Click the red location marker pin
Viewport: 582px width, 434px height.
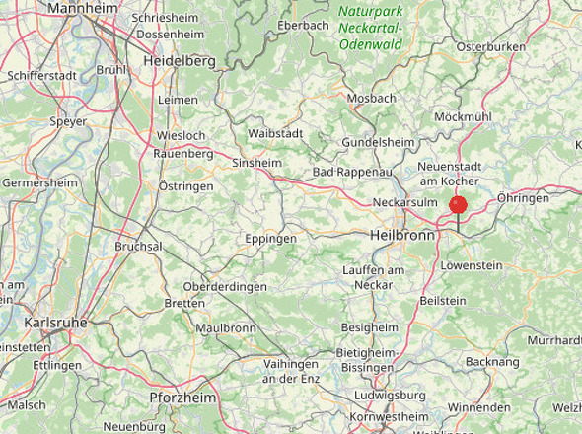pos(458,204)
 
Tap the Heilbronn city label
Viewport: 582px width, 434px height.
pos(401,237)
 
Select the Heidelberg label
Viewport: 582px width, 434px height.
pos(179,61)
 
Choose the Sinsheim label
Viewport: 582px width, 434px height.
pos(256,163)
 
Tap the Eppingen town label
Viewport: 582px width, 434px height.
pos(271,239)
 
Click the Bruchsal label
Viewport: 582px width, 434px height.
pos(138,246)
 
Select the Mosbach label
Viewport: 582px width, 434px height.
pos(371,98)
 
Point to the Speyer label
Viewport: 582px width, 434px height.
pos(69,122)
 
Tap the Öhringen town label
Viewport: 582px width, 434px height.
pos(523,198)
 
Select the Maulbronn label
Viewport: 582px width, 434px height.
pos(226,327)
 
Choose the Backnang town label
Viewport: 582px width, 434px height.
pos(491,362)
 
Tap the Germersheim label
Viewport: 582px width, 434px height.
pos(39,183)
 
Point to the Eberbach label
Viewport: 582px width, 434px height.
pos(303,25)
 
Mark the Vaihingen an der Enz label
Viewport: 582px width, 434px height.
pos(291,371)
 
